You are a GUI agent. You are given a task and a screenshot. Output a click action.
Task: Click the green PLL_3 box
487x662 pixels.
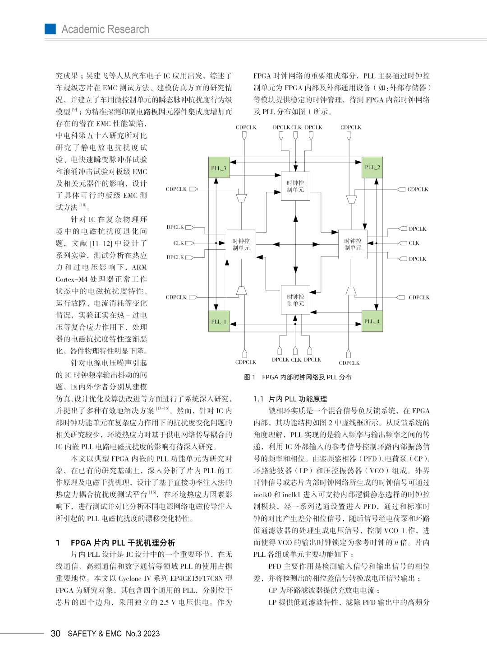(219, 168)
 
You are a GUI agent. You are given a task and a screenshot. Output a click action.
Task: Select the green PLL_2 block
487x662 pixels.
(372, 168)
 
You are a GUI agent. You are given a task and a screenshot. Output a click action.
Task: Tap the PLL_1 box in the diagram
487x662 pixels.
(219, 321)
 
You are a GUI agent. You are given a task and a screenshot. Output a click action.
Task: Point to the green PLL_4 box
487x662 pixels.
(372, 321)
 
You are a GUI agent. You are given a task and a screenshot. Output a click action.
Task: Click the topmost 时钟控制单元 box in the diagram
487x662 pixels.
(295, 186)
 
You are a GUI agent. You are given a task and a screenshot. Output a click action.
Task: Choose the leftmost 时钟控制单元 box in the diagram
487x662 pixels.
(241, 244)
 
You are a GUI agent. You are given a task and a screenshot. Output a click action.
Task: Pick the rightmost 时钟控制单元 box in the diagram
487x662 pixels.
(353, 244)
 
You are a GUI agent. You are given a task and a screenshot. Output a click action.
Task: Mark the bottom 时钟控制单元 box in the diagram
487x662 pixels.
(295, 300)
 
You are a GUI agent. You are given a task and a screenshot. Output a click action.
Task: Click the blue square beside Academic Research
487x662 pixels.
(50, 29)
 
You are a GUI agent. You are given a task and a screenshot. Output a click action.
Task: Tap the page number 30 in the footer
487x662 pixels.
(55, 634)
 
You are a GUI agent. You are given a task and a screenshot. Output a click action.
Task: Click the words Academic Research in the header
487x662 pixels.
(105, 29)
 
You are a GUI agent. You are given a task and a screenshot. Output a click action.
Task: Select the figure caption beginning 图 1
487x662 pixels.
(298, 377)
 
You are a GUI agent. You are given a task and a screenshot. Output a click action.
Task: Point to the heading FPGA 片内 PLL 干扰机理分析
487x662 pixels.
(123, 542)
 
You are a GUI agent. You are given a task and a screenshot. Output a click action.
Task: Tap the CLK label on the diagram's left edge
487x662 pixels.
(179, 243)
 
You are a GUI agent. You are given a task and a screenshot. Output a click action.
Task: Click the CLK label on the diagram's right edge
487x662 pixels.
(414, 243)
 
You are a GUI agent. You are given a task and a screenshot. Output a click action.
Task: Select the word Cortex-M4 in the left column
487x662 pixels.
(72, 279)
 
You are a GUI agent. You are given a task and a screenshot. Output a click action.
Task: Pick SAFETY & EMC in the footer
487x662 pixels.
(95, 634)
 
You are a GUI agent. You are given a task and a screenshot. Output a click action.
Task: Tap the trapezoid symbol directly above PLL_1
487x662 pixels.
(242, 290)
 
